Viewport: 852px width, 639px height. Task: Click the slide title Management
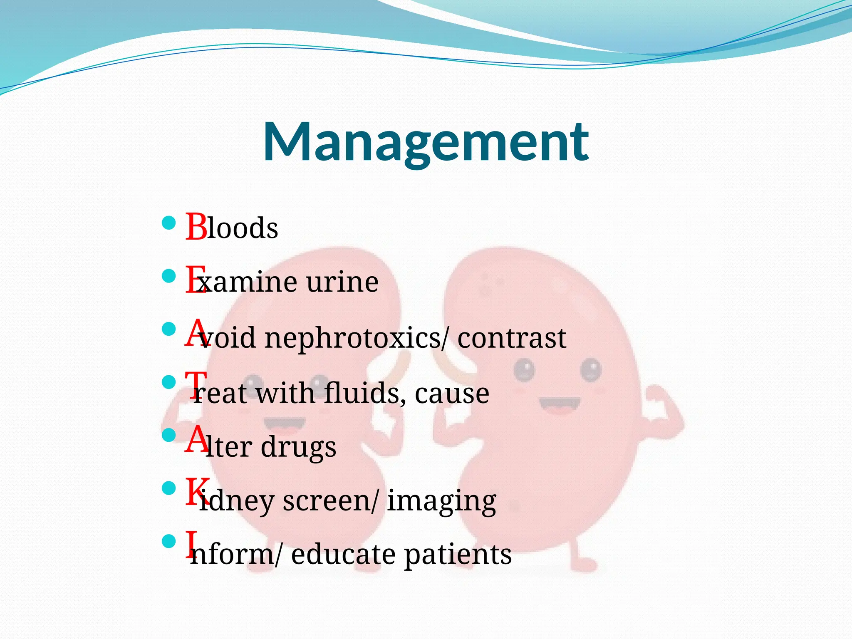click(426, 142)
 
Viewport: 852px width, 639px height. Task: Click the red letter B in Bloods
click(196, 227)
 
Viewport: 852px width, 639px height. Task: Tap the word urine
click(342, 282)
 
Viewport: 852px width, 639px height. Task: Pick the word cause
click(452, 393)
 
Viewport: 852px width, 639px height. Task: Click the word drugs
click(298, 447)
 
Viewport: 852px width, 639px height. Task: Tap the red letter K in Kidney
click(196, 492)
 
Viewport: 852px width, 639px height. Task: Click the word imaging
click(441, 501)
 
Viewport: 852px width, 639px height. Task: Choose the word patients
click(458, 555)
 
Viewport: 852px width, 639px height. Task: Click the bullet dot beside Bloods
click(168, 223)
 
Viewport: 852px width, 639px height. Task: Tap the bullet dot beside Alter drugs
click(168, 435)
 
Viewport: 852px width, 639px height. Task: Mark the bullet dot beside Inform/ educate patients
click(168, 541)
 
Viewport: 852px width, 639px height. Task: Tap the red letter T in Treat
click(196, 385)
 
